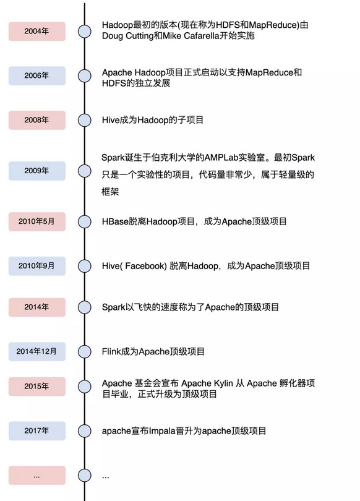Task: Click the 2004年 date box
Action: tap(37, 32)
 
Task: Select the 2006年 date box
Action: tap(37, 75)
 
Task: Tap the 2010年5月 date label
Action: tap(37, 221)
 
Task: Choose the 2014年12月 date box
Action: tap(37, 351)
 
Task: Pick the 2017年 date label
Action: tap(37, 430)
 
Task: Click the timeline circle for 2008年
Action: tap(85, 120)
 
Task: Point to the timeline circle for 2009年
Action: tap(85, 171)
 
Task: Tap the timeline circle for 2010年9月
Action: tap(85, 266)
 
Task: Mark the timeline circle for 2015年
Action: tap(85, 387)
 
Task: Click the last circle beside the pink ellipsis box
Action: tap(85, 475)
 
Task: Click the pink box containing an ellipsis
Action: tap(37, 475)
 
